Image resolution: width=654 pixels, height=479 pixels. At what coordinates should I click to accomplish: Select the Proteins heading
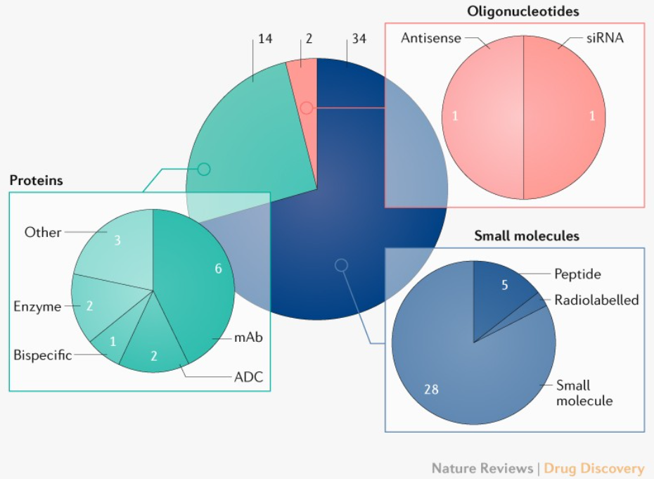(36, 181)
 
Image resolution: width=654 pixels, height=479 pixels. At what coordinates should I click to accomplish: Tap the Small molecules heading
(527, 236)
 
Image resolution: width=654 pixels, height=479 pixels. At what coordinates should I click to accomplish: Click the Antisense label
(430, 38)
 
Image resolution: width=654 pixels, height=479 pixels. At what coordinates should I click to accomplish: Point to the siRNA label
(605, 38)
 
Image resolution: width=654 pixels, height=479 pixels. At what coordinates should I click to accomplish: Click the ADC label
(248, 377)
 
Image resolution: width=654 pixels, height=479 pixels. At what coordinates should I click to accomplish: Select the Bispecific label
(42, 355)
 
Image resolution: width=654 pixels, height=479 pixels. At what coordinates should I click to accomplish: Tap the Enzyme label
(37, 306)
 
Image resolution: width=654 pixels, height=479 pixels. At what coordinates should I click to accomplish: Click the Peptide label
(577, 274)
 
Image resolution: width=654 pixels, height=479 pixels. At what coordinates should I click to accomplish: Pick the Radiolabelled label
(596, 300)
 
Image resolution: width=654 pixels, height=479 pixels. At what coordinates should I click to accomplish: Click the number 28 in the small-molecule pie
(432, 388)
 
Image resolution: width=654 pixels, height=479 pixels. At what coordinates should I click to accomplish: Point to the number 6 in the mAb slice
(219, 268)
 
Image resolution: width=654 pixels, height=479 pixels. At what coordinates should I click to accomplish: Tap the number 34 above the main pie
(359, 39)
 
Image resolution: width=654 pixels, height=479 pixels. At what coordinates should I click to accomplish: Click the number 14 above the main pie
(265, 39)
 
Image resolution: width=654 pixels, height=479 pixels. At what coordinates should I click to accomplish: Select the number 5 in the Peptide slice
(504, 286)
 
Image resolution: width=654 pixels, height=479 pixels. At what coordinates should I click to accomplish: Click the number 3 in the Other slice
(117, 241)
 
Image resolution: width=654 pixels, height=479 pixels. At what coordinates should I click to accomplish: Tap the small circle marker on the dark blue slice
(341, 265)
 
